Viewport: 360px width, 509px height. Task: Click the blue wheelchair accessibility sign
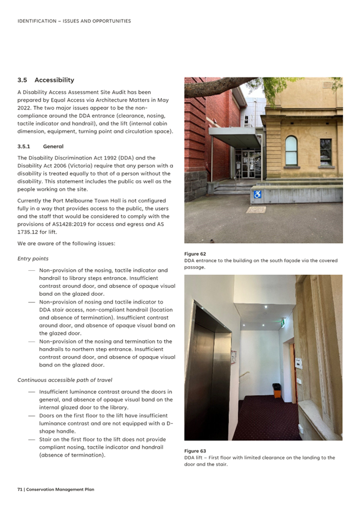pos(257,195)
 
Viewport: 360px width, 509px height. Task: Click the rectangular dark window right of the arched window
pos(326,151)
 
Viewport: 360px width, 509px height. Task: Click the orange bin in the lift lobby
pos(276,390)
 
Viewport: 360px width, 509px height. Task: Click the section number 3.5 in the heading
pos(23,80)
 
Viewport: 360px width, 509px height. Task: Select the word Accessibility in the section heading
pos(54,80)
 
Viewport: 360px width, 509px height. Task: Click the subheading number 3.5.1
pos(24,146)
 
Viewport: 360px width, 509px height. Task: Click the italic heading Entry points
pos(33,258)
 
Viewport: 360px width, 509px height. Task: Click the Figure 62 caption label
pos(195,254)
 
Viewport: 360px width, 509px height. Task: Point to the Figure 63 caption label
pos(195,451)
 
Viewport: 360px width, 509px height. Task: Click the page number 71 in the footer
pos(20,489)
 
